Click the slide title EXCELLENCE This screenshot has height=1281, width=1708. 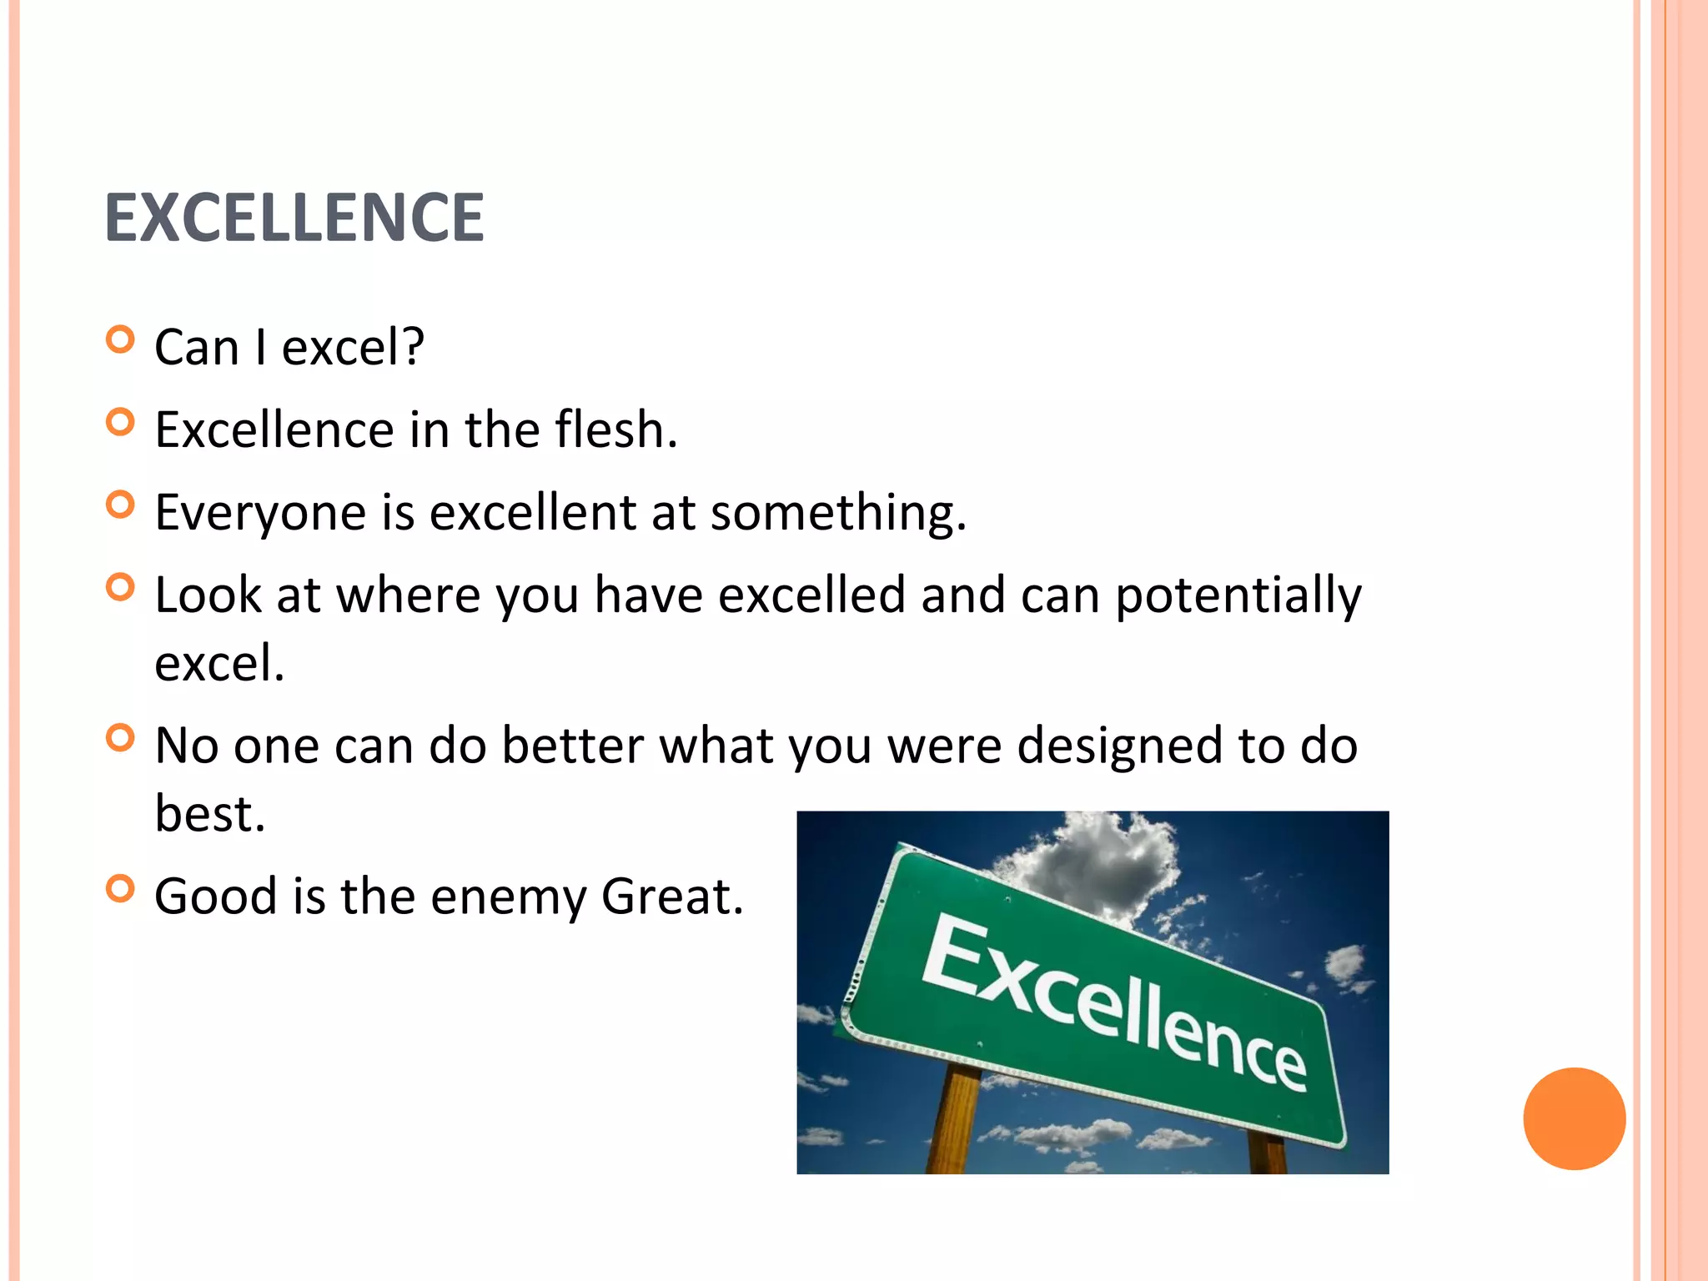(294, 218)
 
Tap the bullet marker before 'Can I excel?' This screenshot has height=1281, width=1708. (121, 340)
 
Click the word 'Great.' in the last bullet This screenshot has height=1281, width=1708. (671, 897)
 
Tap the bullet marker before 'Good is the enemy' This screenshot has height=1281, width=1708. (121, 889)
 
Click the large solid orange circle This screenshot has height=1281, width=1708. (1574, 1118)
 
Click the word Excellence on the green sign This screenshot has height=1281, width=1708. (1113, 1001)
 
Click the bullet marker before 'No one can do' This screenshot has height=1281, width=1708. (121, 738)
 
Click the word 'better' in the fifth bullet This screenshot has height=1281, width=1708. (572, 746)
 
